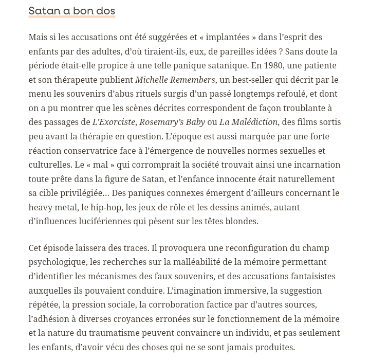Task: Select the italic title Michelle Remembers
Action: click(175, 80)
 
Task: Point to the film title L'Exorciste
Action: click(114, 122)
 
